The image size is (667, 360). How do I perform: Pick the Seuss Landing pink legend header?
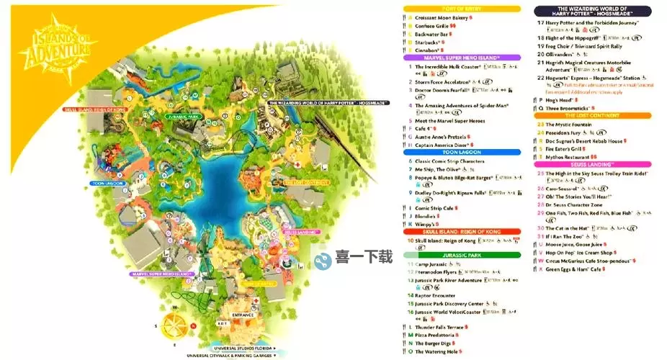(x=594, y=165)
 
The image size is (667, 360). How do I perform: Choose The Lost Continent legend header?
(x=594, y=115)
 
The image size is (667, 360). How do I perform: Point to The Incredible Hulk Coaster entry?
(x=451, y=66)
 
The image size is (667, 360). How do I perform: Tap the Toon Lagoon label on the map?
(x=108, y=184)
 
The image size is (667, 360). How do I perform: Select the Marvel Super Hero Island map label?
(x=161, y=274)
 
